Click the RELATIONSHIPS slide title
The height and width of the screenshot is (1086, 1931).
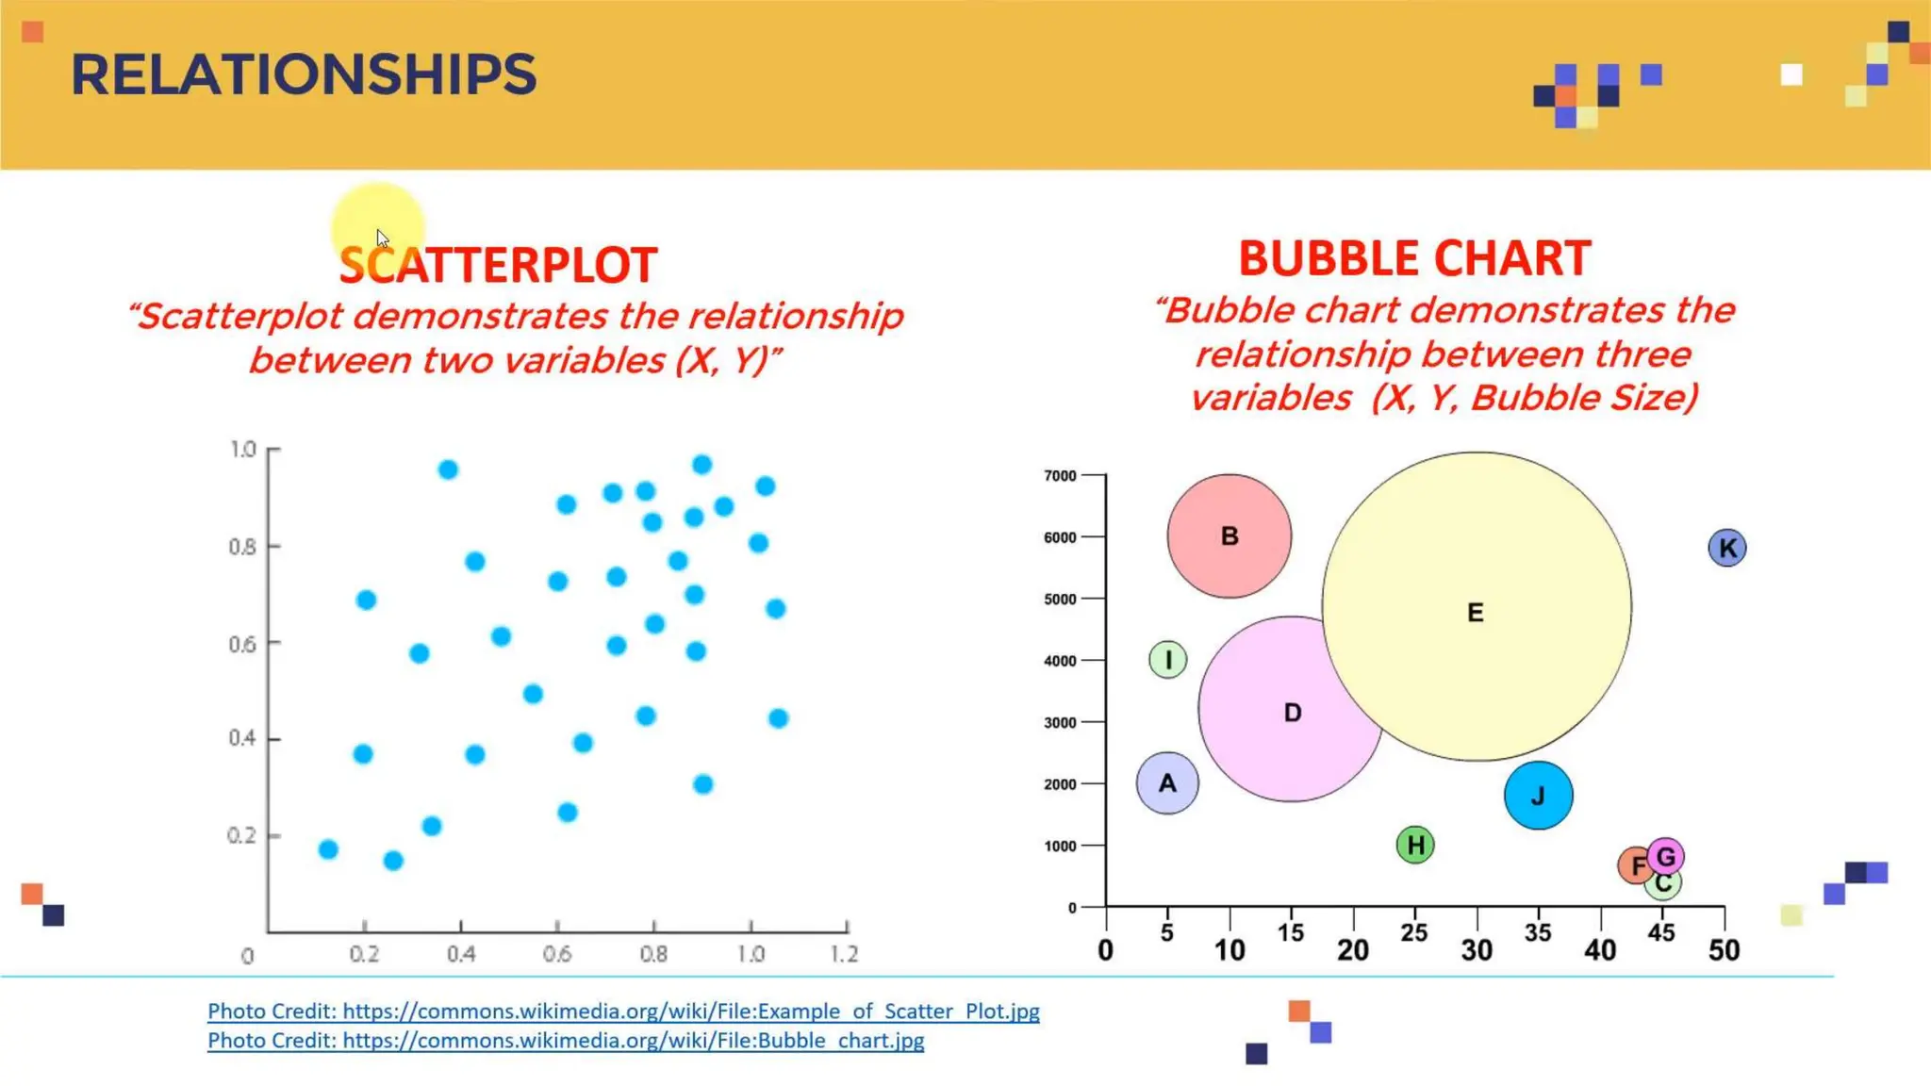[303, 75]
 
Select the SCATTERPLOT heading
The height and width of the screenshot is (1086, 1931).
[498, 266]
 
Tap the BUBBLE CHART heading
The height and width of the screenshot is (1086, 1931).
[1414, 259]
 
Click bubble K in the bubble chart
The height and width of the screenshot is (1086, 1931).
[1726, 548]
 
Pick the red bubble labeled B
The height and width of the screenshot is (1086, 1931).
[1229, 535]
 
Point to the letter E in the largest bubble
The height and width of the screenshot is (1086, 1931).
[1476, 613]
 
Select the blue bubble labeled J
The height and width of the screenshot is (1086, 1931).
[1538, 796]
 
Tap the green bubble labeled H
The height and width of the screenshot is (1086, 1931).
[1414, 845]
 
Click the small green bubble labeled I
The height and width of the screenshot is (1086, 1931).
[1167, 659]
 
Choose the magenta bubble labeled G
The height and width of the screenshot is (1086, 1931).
[1667, 856]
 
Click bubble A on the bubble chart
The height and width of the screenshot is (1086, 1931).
[1167, 782]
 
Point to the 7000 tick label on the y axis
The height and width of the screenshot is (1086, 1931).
[1060, 476]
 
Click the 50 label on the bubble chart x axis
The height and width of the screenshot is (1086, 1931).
[1724, 950]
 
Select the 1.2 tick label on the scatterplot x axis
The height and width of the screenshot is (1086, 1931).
[844, 954]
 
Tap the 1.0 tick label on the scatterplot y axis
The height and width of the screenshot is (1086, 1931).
[243, 449]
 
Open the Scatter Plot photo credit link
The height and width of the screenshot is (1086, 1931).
[623, 1011]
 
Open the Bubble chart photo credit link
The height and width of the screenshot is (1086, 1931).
[566, 1040]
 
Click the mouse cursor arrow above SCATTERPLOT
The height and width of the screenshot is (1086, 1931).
[382, 238]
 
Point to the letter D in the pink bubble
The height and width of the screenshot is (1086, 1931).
[1292, 713]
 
